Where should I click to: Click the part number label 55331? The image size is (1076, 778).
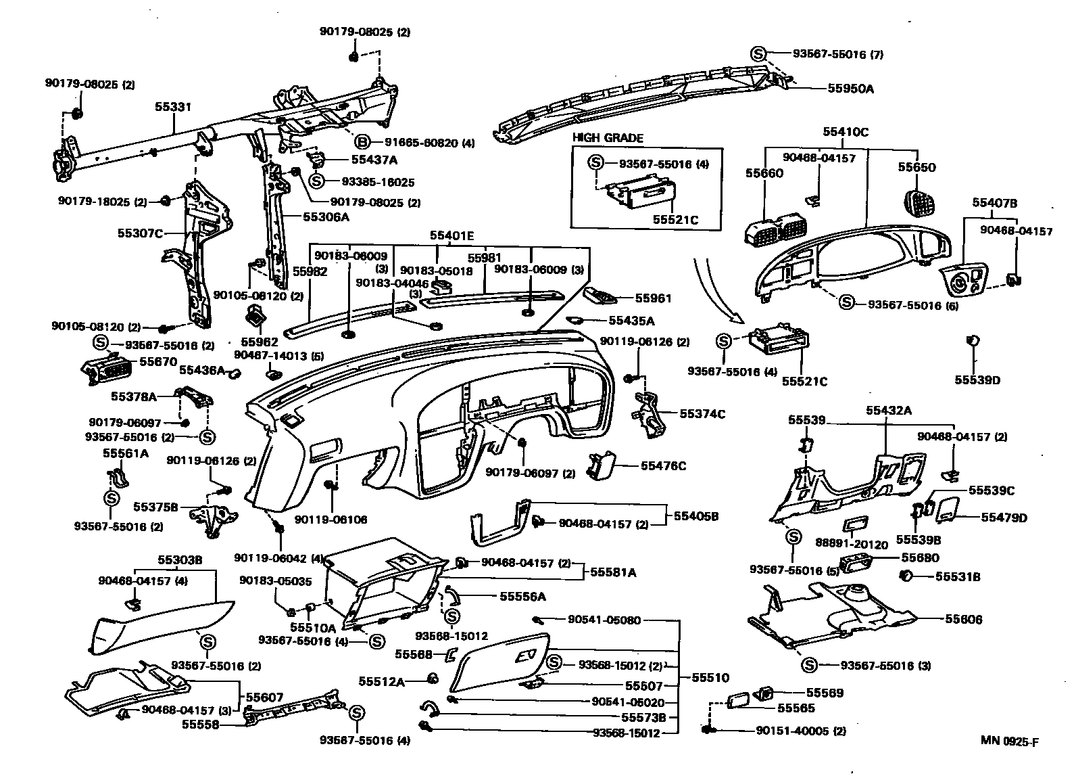[173, 107]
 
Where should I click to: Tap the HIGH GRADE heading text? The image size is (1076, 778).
[608, 137]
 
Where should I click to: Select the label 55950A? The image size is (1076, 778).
[851, 88]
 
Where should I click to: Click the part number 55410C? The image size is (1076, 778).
[846, 132]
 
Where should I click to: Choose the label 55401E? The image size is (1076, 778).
[451, 235]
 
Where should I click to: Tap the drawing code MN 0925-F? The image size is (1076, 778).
[1010, 741]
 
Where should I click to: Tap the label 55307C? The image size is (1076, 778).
[140, 233]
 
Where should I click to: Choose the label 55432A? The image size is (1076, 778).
[889, 410]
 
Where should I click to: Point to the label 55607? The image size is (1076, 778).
[260, 697]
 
